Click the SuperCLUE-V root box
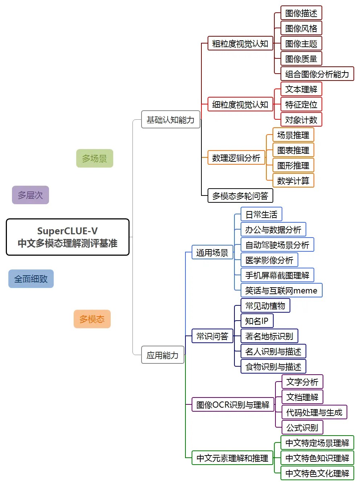pos(67,237)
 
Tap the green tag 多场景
pos(94,158)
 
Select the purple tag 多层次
pos(30,195)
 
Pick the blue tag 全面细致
pos(31,279)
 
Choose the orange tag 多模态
pos(92,319)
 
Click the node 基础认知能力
pos(171,120)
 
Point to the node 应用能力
pos(163,355)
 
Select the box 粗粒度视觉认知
pos(240,44)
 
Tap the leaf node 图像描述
pos(301,13)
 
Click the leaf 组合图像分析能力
pos(317,74)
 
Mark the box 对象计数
pos(301,120)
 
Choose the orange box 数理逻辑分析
pos(236,158)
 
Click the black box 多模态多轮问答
pos(240,196)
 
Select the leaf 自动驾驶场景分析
pos(277,245)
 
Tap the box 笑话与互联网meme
pos(281,291)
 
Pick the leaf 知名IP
pos(257,321)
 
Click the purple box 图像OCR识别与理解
pos(233,405)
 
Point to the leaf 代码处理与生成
pos(314,412)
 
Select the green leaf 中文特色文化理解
pos(317,473)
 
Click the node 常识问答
pos(212,336)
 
